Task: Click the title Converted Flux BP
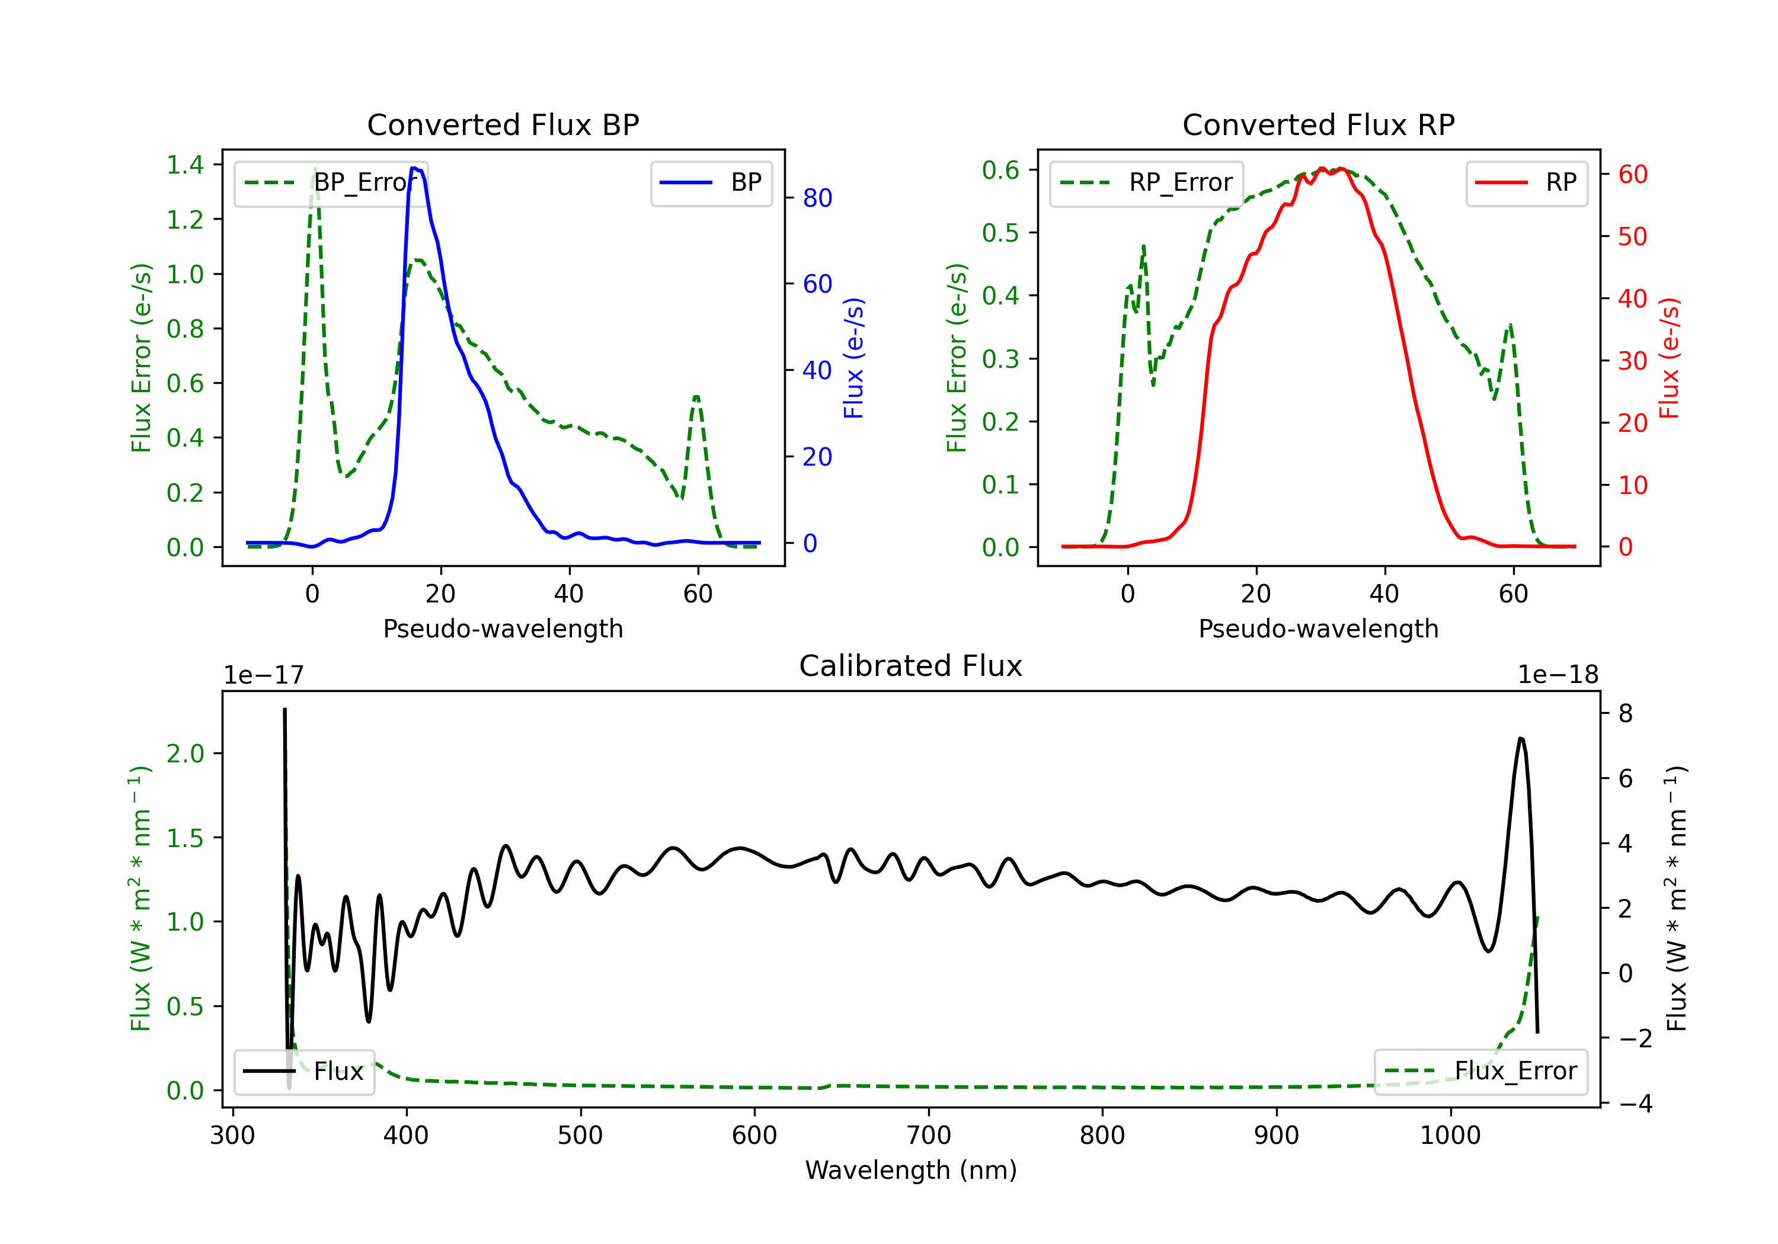(503, 124)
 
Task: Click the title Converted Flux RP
(1318, 124)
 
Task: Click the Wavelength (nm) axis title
(911, 1171)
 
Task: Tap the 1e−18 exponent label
(1558, 675)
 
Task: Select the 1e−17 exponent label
(264, 675)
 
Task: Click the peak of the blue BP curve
(415, 168)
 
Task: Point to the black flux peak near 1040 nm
(1521, 739)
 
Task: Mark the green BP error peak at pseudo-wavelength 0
(314, 168)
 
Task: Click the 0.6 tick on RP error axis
(1000, 170)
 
